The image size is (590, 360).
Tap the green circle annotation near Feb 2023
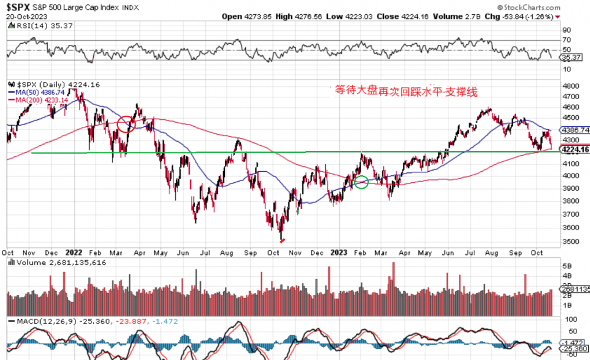click(x=362, y=182)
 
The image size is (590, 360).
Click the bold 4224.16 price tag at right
click(x=576, y=150)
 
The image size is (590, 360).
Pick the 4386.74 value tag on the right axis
click(x=576, y=130)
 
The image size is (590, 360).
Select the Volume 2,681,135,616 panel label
click(x=59, y=263)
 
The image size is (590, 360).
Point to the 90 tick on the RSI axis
click(x=566, y=30)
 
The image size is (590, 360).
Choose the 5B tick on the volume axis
click(x=567, y=266)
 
